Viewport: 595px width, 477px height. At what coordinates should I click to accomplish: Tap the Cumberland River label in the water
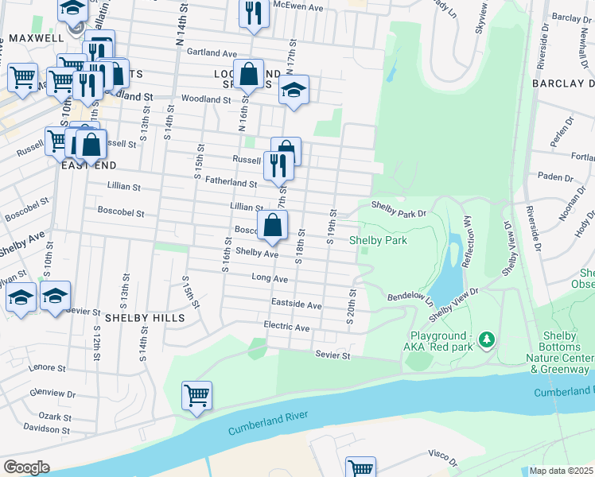pos(267,421)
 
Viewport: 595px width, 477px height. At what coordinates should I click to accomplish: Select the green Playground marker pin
pos(487,340)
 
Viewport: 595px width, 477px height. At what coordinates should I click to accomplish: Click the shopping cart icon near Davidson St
pos(196,395)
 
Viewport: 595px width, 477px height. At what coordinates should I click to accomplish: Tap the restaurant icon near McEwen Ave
pos(254,14)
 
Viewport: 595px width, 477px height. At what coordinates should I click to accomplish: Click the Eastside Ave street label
pos(296,304)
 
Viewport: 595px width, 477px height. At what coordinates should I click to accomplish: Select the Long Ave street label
pos(269,279)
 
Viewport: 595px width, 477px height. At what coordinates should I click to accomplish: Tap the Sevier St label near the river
pos(332,355)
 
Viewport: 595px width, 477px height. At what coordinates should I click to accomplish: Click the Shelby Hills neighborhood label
pos(145,317)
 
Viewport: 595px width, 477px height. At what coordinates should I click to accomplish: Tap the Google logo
pos(27,467)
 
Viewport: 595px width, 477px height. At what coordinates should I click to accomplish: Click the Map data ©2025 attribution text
pos(561,471)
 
